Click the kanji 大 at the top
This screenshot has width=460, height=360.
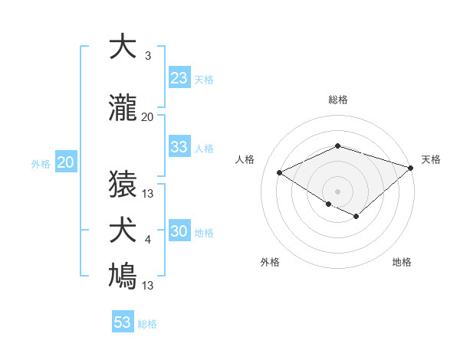pos(122,47)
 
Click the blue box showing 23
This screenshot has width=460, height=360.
pos(179,77)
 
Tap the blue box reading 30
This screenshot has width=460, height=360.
pos(179,231)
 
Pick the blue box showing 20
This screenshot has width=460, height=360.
pos(66,162)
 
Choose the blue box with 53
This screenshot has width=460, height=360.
pos(123,322)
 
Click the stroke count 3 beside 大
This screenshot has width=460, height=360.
pos(147,57)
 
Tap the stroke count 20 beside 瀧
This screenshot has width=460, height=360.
pos(147,117)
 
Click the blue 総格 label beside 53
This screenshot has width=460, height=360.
pos(147,324)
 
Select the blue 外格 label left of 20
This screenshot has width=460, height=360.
pos(40,163)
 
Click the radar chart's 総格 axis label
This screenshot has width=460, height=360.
pos(337,100)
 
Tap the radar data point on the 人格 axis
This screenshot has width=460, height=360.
pos(280,173)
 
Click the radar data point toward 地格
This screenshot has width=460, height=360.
pos(356,217)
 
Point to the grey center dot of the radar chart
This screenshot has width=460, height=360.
pos(337,191)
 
